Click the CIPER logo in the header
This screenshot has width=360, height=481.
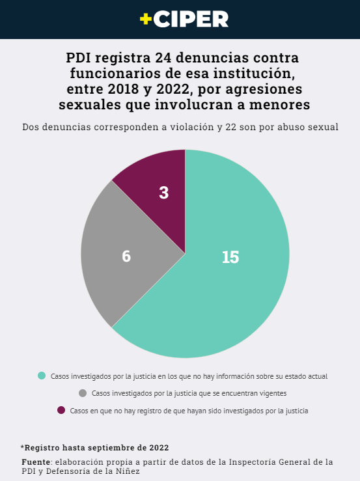(x=184, y=19)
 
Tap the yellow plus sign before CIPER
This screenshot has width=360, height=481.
(x=146, y=19)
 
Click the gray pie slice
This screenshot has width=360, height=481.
(x=123, y=254)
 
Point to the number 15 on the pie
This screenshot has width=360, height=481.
(x=230, y=257)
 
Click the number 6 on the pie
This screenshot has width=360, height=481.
(x=126, y=256)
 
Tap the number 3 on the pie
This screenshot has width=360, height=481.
(x=164, y=193)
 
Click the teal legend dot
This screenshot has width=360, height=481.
(x=42, y=376)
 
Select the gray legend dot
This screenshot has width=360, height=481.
(x=83, y=393)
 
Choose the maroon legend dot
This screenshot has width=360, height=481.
(x=61, y=410)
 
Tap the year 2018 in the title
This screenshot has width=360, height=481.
(x=122, y=89)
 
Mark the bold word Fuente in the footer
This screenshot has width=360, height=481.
(x=36, y=461)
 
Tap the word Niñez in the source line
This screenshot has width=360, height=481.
(x=129, y=471)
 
